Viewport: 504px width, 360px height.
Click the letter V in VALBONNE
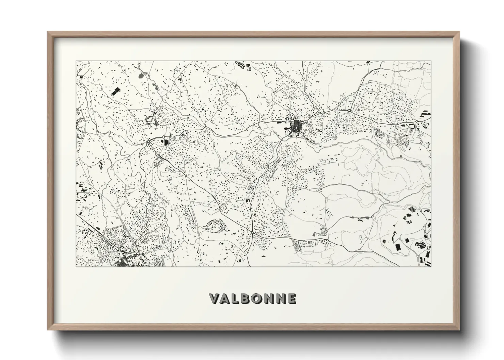click(x=215, y=298)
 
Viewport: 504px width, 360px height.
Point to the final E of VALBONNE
click(x=291, y=298)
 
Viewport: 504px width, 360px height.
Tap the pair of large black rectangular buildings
click(x=116, y=91)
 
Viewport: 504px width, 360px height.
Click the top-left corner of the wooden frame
click(x=48, y=32)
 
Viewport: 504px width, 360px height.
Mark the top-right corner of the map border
click(x=431, y=62)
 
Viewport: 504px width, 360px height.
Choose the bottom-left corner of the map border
click(x=76, y=266)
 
